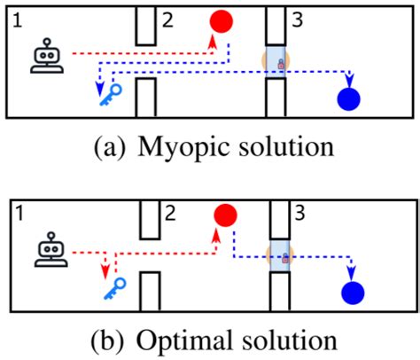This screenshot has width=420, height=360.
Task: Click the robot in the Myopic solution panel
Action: click(47, 58)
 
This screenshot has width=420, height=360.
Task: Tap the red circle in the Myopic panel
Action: click(222, 21)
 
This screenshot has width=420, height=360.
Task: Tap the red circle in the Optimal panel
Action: click(225, 215)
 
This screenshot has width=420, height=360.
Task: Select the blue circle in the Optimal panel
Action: click(352, 293)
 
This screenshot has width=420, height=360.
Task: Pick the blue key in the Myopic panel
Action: click(110, 91)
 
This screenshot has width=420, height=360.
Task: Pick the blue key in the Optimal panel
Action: click(113, 286)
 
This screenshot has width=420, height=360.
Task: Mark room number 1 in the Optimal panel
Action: click(18, 213)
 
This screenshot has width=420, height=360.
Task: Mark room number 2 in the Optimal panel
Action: click(169, 213)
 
